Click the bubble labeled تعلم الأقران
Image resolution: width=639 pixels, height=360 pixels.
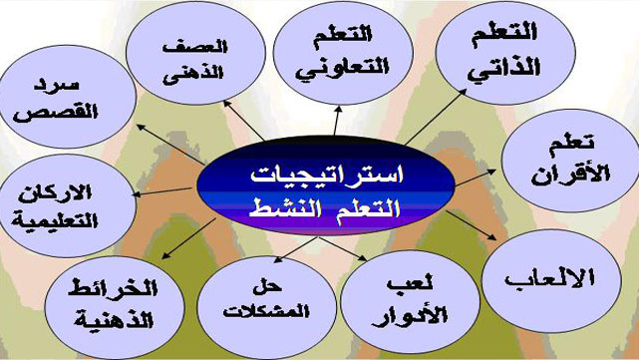click(x=571, y=154)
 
